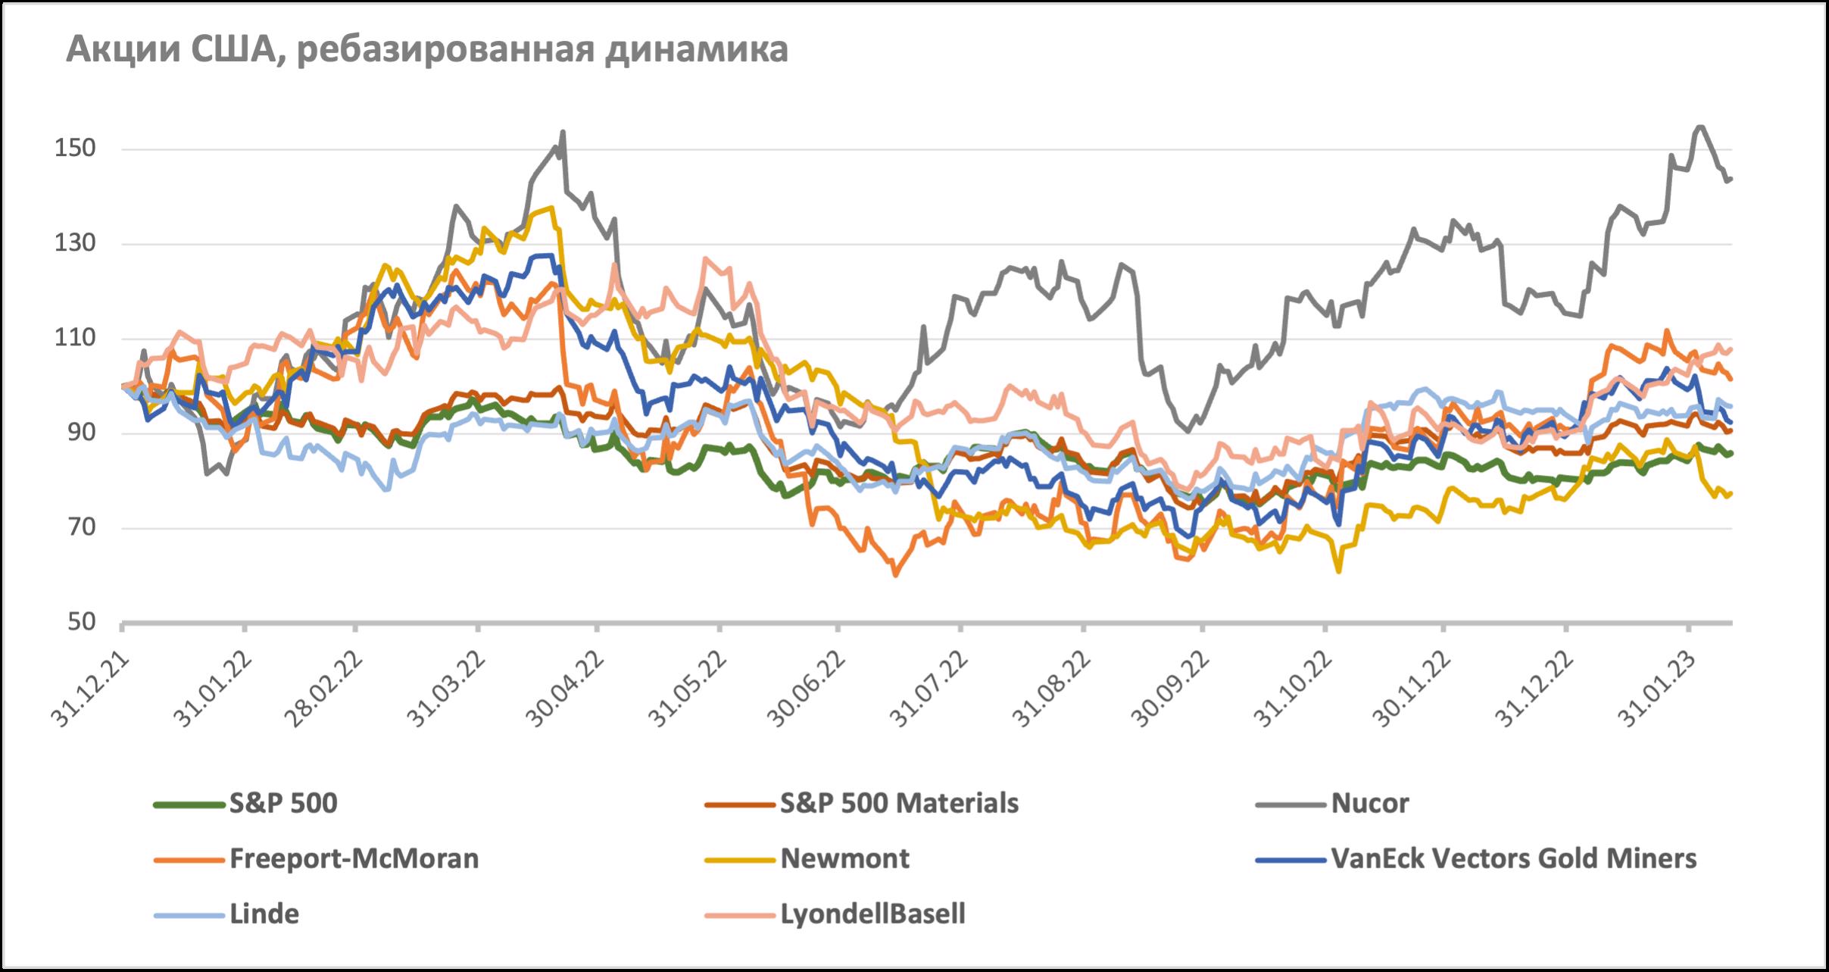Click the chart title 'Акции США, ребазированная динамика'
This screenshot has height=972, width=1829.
pyautogui.click(x=427, y=51)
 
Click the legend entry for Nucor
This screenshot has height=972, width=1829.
pyautogui.click(x=1369, y=803)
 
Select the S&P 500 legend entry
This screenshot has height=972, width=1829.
pyautogui.click(x=283, y=803)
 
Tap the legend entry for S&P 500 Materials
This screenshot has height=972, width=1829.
pyautogui.click(x=899, y=803)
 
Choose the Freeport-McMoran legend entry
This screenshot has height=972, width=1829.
pyautogui.click(x=354, y=858)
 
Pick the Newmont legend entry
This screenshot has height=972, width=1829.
pyautogui.click(x=844, y=858)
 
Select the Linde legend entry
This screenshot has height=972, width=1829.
pyautogui.click(x=264, y=914)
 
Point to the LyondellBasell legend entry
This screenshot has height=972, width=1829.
pyautogui.click(x=872, y=914)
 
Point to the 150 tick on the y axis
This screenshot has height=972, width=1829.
pyautogui.click(x=74, y=149)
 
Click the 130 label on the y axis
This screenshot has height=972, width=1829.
pyautogui.click(x=74, y=244)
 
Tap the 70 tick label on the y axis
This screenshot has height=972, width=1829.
pyautogui.click(x=80, y=528)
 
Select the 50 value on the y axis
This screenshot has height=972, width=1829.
pyautogui.click(x=80, y=623)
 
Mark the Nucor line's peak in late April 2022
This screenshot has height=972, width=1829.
pyautogui.click(x=563, y=132)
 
